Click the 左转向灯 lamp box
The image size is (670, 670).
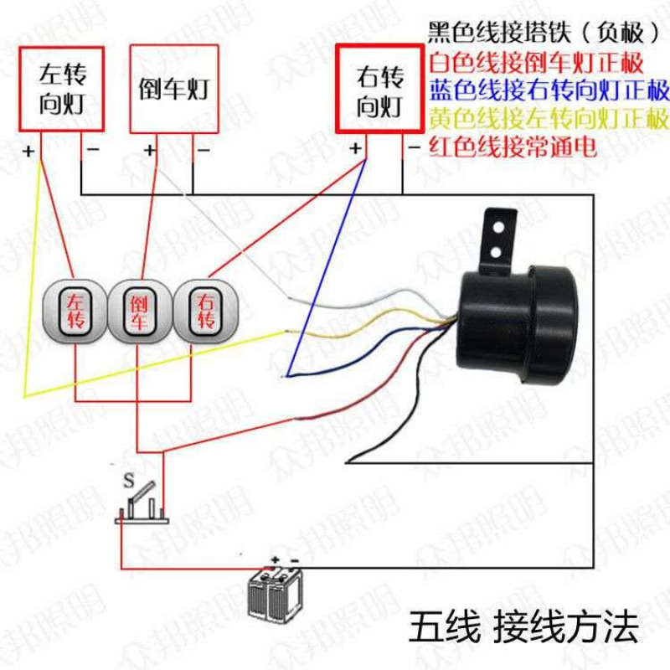click(x=61, y=89)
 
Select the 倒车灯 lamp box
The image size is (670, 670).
click(x=174, y=89)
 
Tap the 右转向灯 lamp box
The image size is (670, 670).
click(x=380, y=89)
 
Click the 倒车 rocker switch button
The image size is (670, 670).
click(x=139, y=312)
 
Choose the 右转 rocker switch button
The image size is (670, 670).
click(x=205, y=312)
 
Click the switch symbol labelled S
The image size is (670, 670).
click(x=142, y=504)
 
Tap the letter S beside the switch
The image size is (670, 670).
click(x=129, y=481)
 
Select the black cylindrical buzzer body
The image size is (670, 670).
click(x=518, y=325)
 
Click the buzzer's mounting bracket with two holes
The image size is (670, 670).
click(x=497, y=240)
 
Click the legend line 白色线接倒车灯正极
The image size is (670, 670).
click(x=536, y=62)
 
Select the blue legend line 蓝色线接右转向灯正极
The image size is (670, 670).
click(x=549, y=90)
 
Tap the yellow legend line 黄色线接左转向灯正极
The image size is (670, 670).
click(x=549, y=119)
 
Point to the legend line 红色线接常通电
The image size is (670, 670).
click(x=513, y=147)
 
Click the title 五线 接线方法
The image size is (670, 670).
click(x=524, y=626)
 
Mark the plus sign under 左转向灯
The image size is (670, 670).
click(x=28, y=151)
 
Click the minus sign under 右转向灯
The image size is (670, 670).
click(x=414, y=148)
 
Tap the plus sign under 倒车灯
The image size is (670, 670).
click(x=150, y=150)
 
